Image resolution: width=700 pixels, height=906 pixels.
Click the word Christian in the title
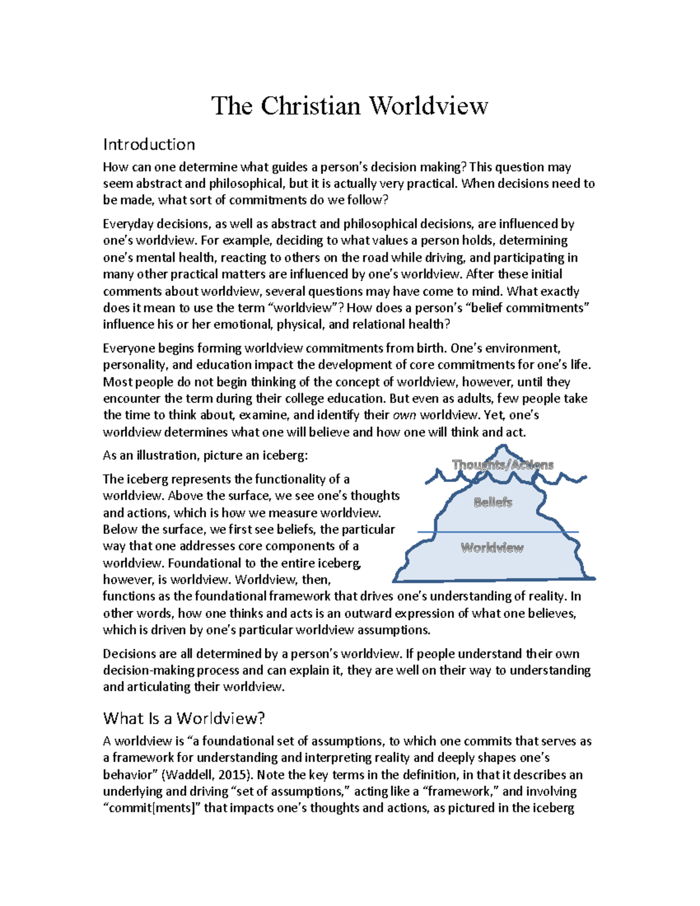[x=310, y=106]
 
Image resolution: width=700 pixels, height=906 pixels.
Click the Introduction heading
[x=149, y=144]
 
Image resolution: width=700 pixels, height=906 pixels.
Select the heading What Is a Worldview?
[x=184, y=718]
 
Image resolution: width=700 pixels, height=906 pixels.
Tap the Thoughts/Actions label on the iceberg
[x=503, y=465]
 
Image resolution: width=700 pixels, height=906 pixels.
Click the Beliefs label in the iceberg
[x=493, y=502]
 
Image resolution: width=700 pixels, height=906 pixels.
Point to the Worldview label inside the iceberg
[x=492, y=548]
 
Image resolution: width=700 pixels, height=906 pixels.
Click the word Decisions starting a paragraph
[x=131, y=654]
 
